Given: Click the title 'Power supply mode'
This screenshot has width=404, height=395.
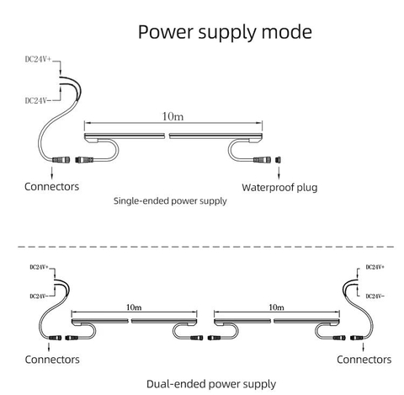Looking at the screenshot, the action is tap(225, 33).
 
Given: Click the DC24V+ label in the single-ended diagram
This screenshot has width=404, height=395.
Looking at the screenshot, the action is tap(38, 59).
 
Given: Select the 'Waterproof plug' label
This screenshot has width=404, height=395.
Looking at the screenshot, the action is tap(279, 188).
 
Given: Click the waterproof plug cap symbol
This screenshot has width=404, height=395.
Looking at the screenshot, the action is tap(279, 160).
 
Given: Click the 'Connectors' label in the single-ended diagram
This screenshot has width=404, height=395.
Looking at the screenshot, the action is tap(51, 187).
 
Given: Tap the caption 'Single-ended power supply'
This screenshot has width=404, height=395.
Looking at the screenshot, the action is tap(170, 201).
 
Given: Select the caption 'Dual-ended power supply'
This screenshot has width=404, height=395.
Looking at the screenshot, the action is tap(211, 384).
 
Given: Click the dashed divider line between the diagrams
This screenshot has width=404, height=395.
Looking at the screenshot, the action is tap(206, 247).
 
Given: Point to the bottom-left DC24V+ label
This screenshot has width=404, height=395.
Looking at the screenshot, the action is tap(40, 267).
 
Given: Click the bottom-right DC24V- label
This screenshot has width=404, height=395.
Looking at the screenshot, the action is tap(375, 296).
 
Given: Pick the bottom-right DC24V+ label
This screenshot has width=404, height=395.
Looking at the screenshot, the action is tap(375, 267).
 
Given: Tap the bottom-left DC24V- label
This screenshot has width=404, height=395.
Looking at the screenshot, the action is tap(40, 296).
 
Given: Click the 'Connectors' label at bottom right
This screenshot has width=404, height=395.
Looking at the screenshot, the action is tap(364, 360).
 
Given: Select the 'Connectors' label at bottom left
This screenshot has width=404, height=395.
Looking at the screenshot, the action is tap(52, 360).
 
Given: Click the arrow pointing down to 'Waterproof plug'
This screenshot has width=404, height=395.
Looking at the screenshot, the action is tap(279, 173).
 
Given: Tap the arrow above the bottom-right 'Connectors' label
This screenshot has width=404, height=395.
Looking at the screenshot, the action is tap(364, 347).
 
